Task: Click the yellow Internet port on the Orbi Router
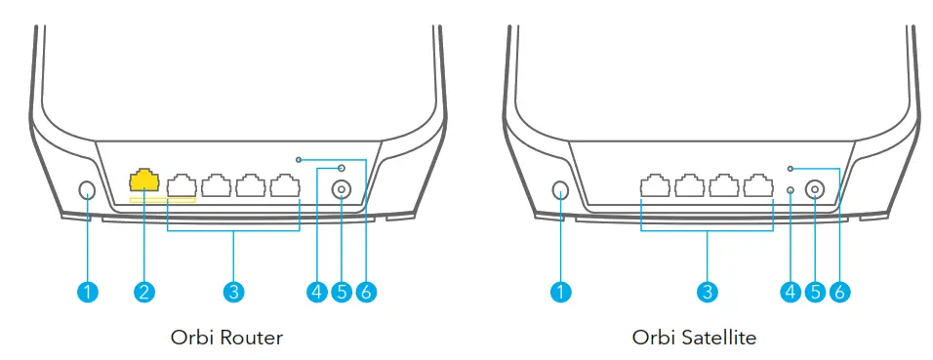(144, 181)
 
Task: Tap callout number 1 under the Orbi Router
(88, 291)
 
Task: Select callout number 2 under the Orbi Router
(144, 291)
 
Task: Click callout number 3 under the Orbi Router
(232, 291)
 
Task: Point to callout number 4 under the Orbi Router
(315, 291)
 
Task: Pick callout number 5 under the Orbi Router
(341, 291)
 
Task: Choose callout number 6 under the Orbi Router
(366, 291)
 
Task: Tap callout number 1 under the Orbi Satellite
(561, 291)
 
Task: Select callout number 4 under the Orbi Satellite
(790, 291)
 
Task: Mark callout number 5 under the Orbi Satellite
(815, 291)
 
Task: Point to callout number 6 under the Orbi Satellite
(840, 291)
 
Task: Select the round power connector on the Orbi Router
(342, 191)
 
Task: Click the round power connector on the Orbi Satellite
(816, 191)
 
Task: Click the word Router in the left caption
(252, 339)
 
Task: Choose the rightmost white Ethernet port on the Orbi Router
(285, 185)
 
